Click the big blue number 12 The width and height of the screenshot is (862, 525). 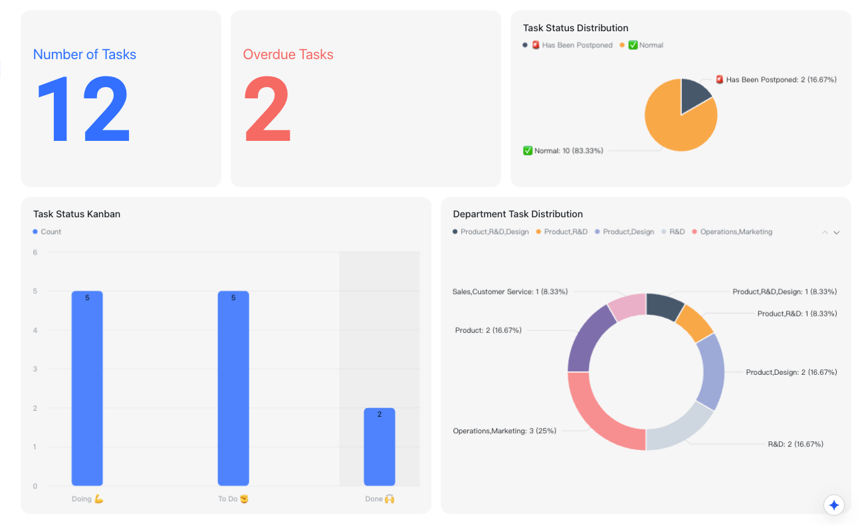pyautogui.click(x=83, y=108)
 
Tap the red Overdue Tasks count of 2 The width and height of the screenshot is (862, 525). pyautogui.click(x=267, y=108)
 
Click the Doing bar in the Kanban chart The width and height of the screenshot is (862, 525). pyautogui.click(x=87, y=388)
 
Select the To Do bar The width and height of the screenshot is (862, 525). pyautogui.click(x=233, y=388)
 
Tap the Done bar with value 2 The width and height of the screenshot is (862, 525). pyautogui.click(x=379, y=447)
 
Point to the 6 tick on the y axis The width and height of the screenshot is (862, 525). pyautogui.click(x=35, y=253)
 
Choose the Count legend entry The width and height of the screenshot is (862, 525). pyautogui.click(x=47, y=232)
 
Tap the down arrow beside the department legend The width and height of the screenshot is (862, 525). pyautogui.click(x=837, y=233)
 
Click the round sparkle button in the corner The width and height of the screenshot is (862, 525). pyautogui.click(x=834, y=505)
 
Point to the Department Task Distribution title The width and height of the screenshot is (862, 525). pyautogui.click(x=518, y=214)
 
